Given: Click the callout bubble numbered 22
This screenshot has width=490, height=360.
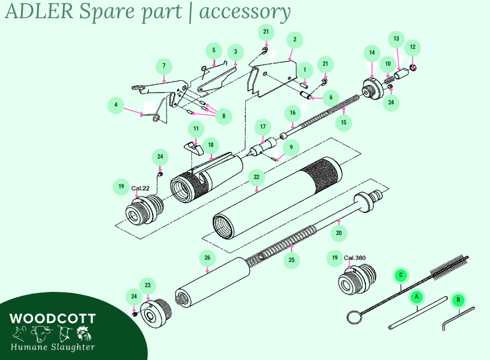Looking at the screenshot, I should (256, 177).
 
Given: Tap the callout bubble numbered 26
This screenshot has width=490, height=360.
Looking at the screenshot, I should (207, 257).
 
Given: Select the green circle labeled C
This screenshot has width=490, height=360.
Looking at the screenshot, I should (400, 275).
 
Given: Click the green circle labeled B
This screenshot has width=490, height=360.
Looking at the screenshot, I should (458, 300).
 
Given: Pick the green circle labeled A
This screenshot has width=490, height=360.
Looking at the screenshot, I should (417, 296).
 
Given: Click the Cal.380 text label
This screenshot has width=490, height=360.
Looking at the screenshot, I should (354, 258).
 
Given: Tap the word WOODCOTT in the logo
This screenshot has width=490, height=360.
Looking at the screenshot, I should (52, 319).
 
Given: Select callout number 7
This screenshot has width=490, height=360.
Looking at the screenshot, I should (164, 66).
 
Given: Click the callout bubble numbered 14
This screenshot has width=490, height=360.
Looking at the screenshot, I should (372, 53).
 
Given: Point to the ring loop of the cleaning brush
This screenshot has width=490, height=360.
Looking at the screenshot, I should (352, 318).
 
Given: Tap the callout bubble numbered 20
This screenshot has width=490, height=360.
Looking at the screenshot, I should (339, 233).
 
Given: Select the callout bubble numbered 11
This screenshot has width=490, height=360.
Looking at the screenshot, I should (196, 129).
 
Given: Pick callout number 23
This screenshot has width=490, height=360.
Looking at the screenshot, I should (147, 285).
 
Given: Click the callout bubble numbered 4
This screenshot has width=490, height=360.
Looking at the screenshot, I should (116, 105).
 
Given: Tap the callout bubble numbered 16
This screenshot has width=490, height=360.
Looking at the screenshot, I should (292, 112).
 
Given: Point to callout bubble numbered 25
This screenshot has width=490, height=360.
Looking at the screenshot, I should (291, 260).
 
